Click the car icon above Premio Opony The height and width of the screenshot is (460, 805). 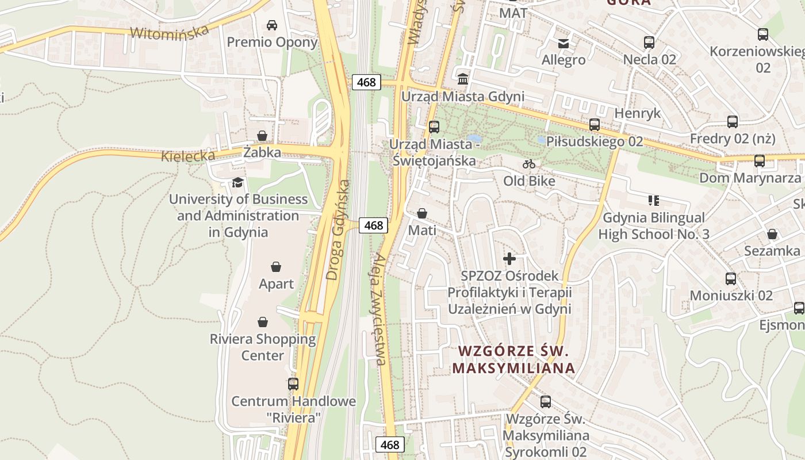pyautogui.click(x=272, y=25)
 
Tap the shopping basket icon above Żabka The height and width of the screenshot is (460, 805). pyautogui.click(x=262, y=136)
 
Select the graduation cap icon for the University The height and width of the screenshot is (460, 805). pyautogui.click(x=237, y=183)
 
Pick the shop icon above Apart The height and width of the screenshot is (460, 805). pyautogui.click(x=276, y=267)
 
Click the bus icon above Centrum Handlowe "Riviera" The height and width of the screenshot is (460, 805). pyautogui.click(x=293, y=384)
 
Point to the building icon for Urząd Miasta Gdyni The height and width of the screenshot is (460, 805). pyautogui.click(x=463, y=79)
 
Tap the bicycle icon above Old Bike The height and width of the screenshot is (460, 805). pyautogui.click(x=529, y=164)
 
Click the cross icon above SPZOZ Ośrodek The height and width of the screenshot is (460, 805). pyautogui.click(x=509, y=259)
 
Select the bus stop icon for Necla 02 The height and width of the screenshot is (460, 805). pyautogui.click(x=649, y=42)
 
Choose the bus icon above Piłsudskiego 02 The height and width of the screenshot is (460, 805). pyautogui.click(x=595, y=124)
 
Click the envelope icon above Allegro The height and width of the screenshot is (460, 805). pyautogui.click(x=563, y=43)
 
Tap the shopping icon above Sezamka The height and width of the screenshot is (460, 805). pyautogui.click(x=772, y=234)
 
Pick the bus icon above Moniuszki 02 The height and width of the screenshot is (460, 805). pyautogui.click(x=731, y=279)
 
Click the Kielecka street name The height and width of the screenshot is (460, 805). pyautogui.click(x=188, y=156)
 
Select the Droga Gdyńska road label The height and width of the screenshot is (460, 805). pyautogui.click(x=338, y=230)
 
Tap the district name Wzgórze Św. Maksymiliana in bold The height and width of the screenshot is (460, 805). pyautogui.click(x=513, y=359)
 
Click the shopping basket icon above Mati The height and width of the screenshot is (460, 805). pyautogui.click(x=422, y=213)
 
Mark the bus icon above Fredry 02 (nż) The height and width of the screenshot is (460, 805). pyautogui.click(x=733, y=122)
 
